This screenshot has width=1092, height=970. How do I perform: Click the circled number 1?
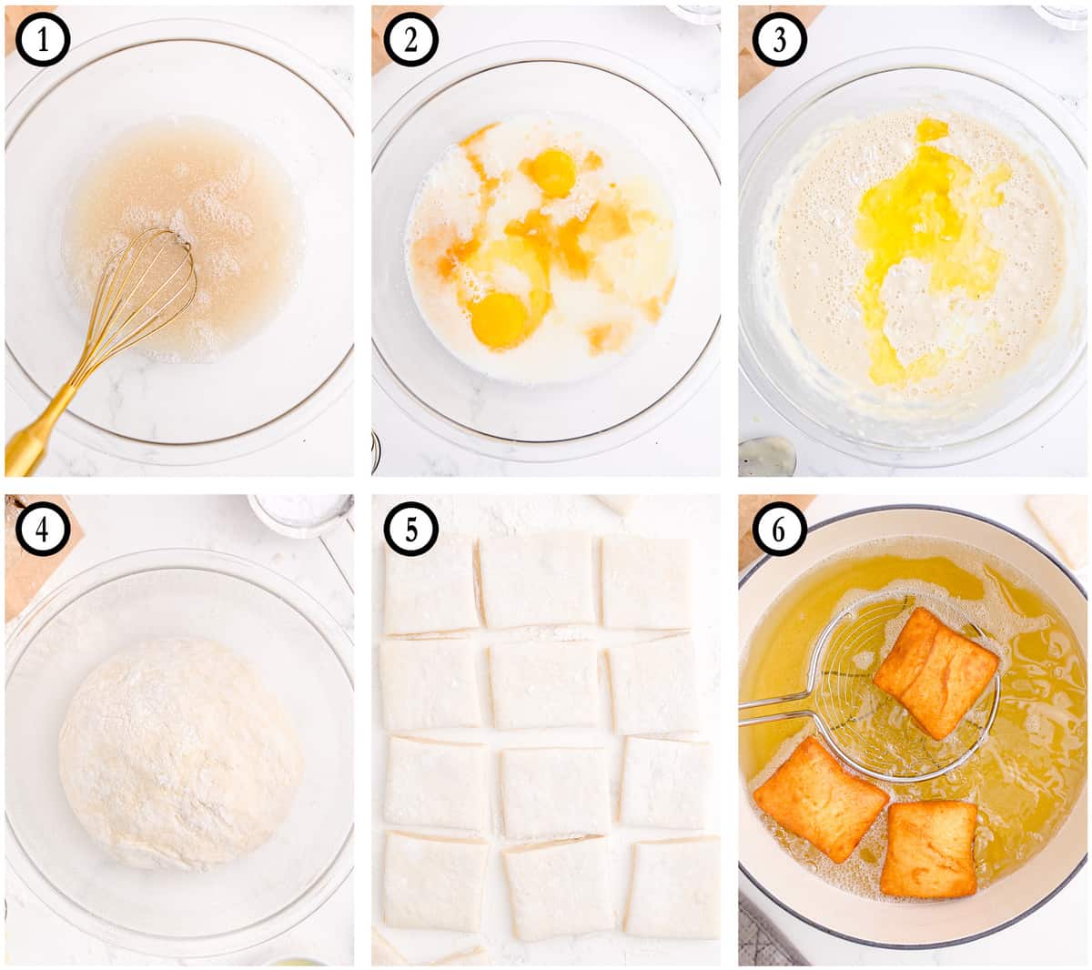pos(43,39)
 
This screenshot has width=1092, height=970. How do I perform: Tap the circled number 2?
pos(410,39)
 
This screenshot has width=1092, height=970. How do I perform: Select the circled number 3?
pos(779,39)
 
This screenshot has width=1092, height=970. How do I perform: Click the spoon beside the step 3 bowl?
pos(766,457)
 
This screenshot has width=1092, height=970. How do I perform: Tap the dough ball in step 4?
pos(180,754)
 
